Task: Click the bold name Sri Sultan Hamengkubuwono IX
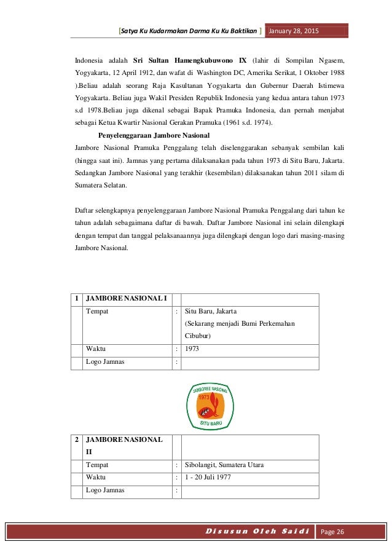pyautogui.click(x=190, y=60)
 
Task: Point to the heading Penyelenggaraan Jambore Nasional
pyautogui.click(x=154, y=135)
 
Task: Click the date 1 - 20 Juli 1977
pyautogui.click(x=208, y=477)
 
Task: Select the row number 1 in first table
pyautogui.click(x=76, y=299)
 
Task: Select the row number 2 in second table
pyautogui.click(x=76, y=440)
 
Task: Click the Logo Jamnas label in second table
pyautogui.click(x=105, y=490)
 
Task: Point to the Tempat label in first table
pyautogui.click(x=98, y=312)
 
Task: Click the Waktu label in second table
pyautogui.click(x=96, y=477)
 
